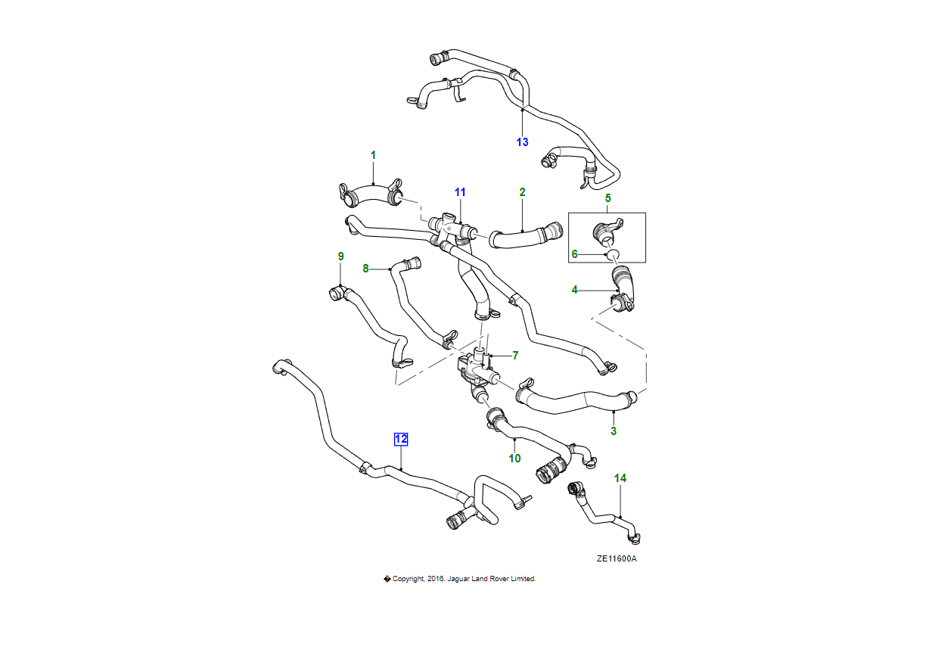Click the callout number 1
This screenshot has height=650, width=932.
(373, 155)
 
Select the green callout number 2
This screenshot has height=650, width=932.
(522, 193)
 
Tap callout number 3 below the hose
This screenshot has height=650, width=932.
(614, 431)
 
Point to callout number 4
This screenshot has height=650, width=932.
(575, 290)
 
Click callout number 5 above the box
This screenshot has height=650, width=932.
(607, 198)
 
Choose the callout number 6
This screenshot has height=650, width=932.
(575, 254)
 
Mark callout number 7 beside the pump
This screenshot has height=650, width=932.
(515, 355)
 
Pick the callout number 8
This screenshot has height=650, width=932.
(365, 268)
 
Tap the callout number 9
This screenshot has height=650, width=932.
(340, 257)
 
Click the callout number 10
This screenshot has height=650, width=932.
(514, 458)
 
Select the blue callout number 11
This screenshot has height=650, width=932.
(460, 193)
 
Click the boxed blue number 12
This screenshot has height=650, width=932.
(401, 439)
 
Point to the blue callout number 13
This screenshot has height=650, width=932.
(522, 142)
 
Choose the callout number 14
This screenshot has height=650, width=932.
(620, 478)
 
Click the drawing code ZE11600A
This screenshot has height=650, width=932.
(617, 559)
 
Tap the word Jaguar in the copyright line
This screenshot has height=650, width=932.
(458, 579)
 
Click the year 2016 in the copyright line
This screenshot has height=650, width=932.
(435, 579)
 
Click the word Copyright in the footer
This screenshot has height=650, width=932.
(409, 579)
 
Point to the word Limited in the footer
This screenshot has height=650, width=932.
(523, 579)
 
